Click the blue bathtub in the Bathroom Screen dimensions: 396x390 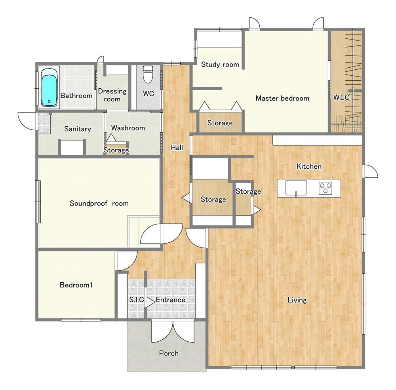[49, 87]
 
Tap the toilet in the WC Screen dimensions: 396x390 [147, 74]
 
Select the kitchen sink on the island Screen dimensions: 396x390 [296, 188]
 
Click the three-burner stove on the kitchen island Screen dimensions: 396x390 [326, 188]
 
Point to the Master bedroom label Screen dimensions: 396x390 [282, 98]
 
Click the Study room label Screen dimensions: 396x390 [220, 65]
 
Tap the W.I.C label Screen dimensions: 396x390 [341, 97]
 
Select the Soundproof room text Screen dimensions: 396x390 [99, 204]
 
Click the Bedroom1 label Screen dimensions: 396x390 [76, 285]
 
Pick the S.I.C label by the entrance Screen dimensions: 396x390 [136, 300]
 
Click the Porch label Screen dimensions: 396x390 [169, 353]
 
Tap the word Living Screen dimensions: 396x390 [297, 300]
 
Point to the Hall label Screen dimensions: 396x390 [177, 148]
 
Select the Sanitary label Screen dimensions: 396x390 [78, 129]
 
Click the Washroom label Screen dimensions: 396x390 [128, 128]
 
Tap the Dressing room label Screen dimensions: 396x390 [112, 95]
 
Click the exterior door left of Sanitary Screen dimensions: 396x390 [27, 120]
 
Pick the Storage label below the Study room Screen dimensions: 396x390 [220, 123]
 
